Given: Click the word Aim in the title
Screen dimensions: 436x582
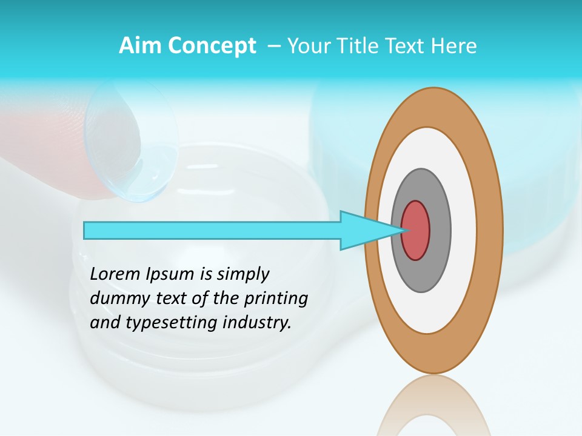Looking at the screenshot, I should click(x=139, y=46).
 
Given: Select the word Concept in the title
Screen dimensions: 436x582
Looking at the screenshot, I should click(x=211, y=46).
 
